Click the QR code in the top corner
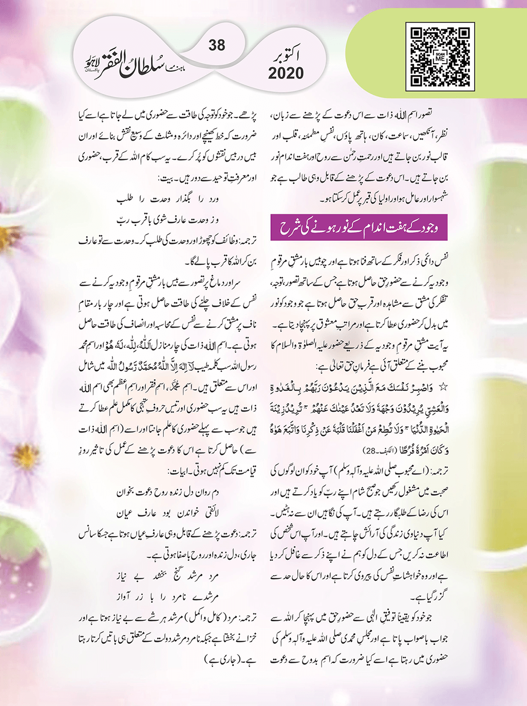coord(440,55)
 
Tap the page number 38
coord(217,45)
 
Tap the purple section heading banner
coord(359,227)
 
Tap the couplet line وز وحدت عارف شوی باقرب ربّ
coord(167,220)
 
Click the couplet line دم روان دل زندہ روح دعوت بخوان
coord(167,492)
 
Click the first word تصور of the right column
coord(437,111)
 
